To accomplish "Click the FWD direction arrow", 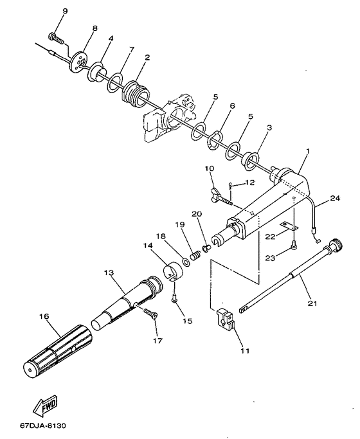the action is pos(45,406).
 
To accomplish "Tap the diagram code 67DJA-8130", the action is pos(43,426).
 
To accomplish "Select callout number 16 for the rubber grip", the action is pos(44,316).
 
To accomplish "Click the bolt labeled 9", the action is pos(57,37).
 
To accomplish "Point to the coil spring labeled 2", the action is pos(136,94).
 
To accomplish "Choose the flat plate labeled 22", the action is pos(289,226).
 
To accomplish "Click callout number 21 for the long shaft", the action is pos(312,303).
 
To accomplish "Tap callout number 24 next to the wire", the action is pos(335,198).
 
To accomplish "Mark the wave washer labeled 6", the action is pos(215,141).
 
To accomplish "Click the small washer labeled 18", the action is pos(186,262).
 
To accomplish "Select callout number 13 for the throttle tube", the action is pos(109,272).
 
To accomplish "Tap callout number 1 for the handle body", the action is pos(308,152).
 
